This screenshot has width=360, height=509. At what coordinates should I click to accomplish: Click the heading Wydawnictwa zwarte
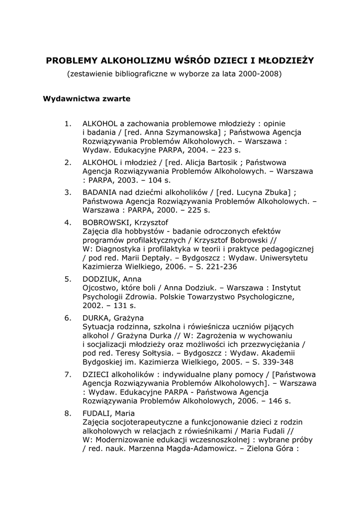coord(87,98)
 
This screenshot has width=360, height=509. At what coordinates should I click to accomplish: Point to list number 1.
coord(68,123)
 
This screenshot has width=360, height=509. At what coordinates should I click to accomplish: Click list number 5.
coord(68,279)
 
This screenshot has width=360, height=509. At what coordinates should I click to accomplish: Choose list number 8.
coord(68,413)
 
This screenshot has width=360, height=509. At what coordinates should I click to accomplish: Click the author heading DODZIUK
coord(99,279)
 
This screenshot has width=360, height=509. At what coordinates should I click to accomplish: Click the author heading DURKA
coord(96,318)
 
